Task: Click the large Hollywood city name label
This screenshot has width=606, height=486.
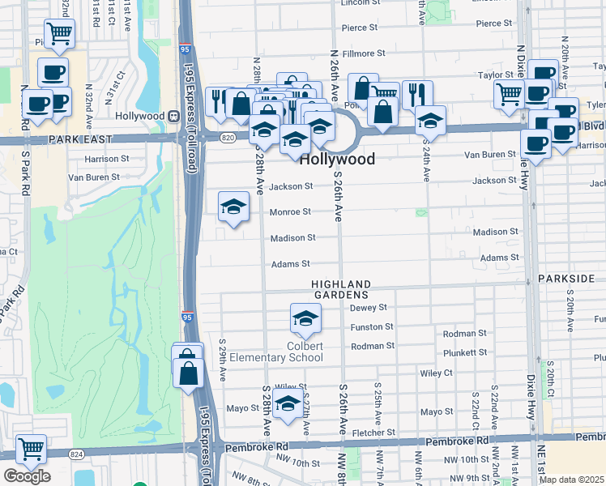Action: pos(338,160)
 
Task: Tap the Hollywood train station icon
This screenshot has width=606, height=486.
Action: pos(173,116)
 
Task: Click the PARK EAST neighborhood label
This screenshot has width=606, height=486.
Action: pos(78,139)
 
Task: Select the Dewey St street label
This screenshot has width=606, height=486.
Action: pos(369,308)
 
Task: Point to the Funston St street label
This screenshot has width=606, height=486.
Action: pos(371,327)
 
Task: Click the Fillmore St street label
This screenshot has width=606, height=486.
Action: pos(363,53)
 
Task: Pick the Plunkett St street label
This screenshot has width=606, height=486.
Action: pos(465,353)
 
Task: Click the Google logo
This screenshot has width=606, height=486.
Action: pos(27,475)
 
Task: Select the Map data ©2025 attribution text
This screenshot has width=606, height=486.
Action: pos(570,480)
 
